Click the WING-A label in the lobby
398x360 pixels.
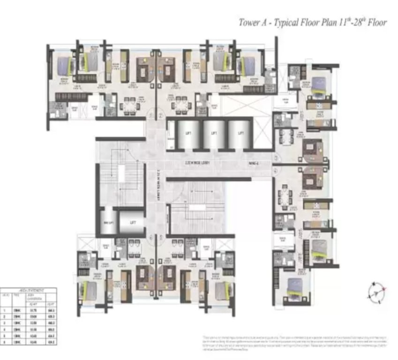click(254, 163)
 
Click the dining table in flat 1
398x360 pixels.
click(128, 107)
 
